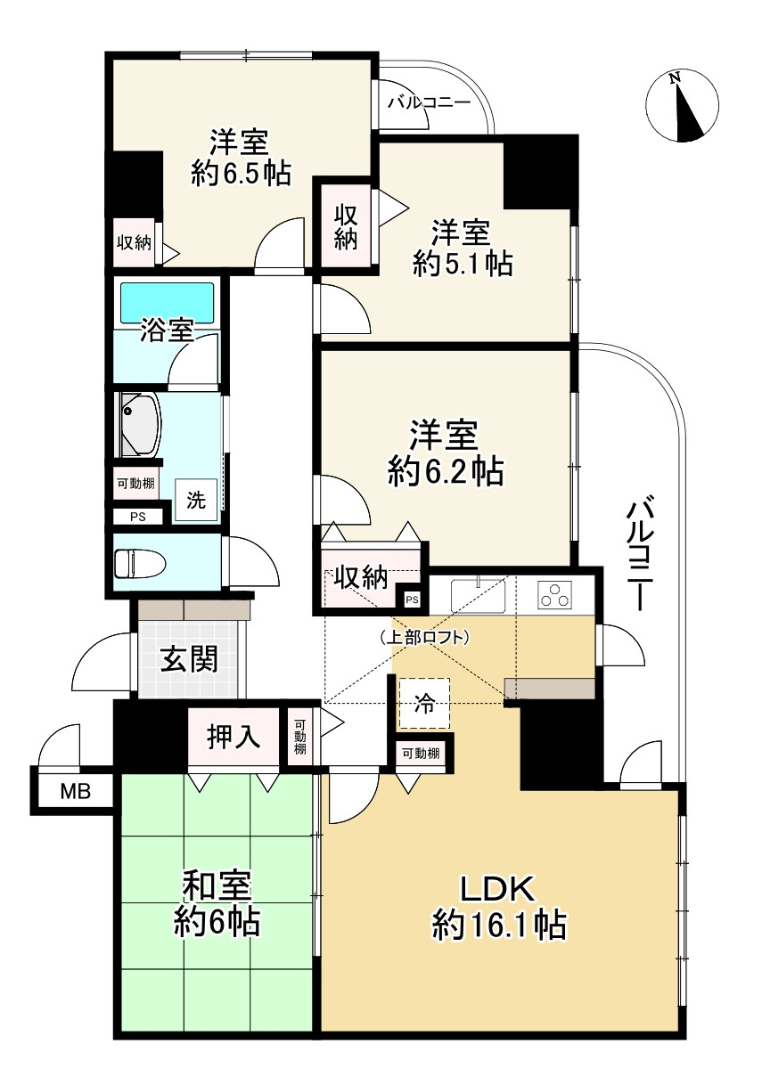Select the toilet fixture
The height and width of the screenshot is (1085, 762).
[x=137, y=562]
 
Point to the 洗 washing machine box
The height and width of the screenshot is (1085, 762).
[x=196, y=500]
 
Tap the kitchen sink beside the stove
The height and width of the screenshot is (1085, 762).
[x=479, y=595]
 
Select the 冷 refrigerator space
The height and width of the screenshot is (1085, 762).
[x=424, y=703]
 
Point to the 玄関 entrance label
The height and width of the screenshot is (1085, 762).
[x=189, y=659]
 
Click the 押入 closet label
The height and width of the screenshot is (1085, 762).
[x=233, y=738]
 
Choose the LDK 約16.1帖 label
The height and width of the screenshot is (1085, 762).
[x=498, y=908]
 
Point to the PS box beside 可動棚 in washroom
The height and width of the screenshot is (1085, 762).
[x=137, y=516]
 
